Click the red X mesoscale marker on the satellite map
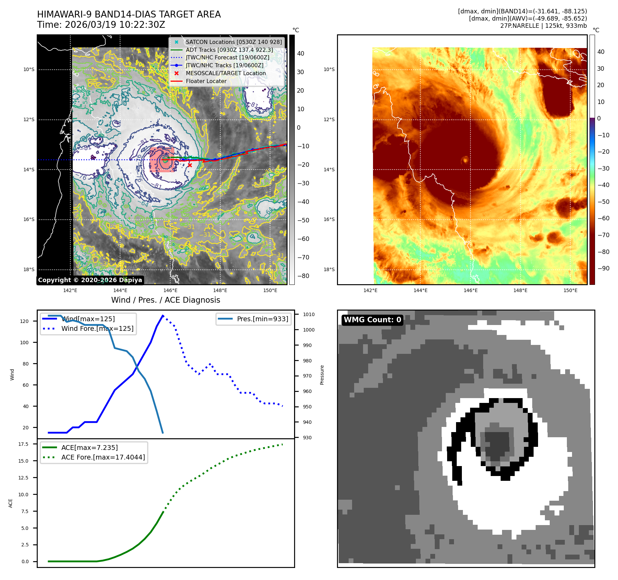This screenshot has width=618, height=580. coord(190,165)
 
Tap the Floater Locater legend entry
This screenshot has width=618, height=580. coord(206,81)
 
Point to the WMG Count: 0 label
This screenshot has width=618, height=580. coord(372,320)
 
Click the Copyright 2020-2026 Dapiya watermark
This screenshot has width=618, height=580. coord(90,280)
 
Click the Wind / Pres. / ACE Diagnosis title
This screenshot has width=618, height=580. coord(166,300)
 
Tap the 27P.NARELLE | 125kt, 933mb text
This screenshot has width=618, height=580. coord(544,26)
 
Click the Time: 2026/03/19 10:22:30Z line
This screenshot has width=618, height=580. coord(101,25)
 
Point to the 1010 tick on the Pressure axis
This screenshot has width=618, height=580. coord(309,314)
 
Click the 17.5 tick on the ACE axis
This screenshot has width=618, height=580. coord(23,444)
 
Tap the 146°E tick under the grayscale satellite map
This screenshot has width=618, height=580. coord(171,290)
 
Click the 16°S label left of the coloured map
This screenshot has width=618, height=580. coord(329,219)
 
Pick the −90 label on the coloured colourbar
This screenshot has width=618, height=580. coord(603,268)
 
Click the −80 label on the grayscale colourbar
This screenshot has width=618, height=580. coord(303,276)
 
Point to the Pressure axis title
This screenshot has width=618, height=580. coord(322,375)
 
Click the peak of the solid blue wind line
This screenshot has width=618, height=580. coord(163,315)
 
